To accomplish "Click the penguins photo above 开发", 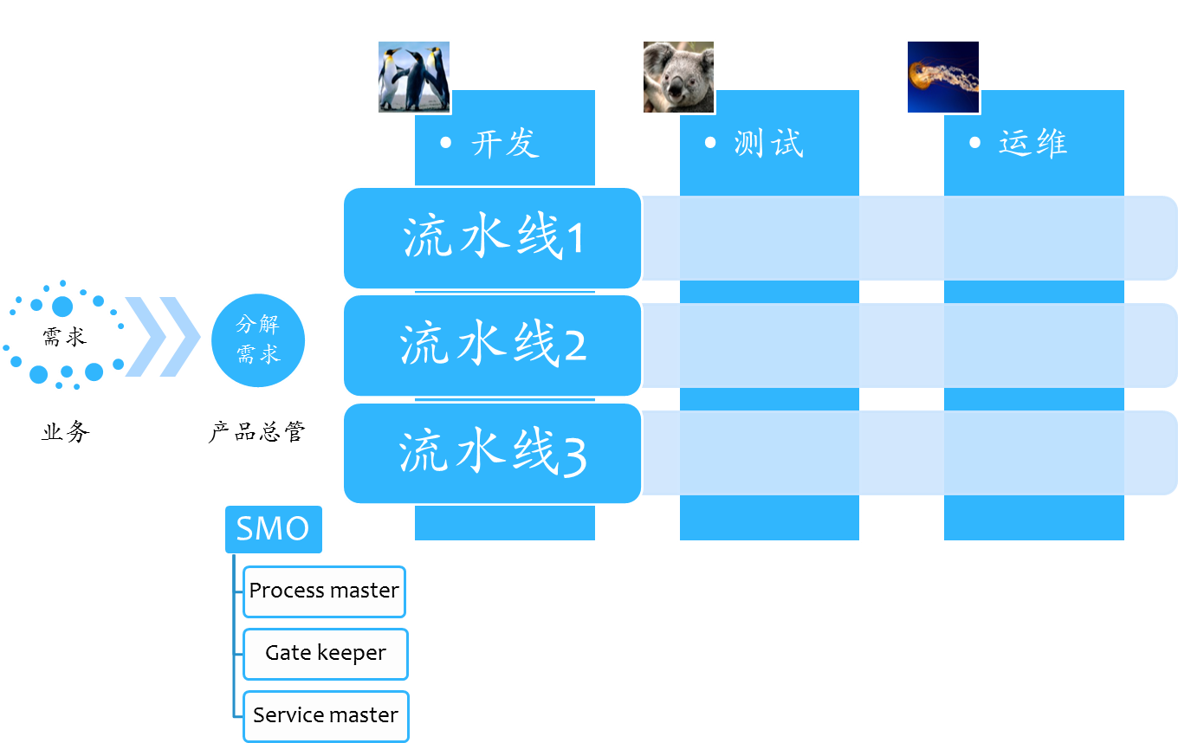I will point(414,77).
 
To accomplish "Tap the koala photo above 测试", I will point(678,77).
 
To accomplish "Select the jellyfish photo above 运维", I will point(943,77).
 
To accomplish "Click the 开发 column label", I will point(506,143).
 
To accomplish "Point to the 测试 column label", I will point(769,143).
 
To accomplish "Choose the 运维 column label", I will point(1033,143).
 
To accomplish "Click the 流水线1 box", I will point(492,238).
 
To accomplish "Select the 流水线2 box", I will point(492,346).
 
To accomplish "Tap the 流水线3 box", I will point(492,453).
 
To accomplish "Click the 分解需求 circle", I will point(258,339).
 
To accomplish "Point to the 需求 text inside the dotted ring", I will point(65,336).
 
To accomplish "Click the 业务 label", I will point(65,431).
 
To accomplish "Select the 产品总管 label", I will point(257,431).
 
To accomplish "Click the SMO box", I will point(273,529).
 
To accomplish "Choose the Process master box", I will point(324,591).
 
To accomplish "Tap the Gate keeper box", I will point(325,654).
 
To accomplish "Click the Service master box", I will point(325,716).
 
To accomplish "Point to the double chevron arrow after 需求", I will point(162,337).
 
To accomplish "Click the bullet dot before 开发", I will point(446,142).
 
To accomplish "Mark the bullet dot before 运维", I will point(975,142).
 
